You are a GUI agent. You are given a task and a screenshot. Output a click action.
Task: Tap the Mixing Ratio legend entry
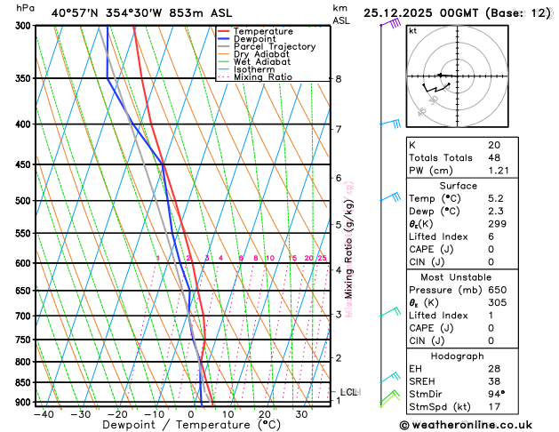pyautogui.click(x=259, y=77)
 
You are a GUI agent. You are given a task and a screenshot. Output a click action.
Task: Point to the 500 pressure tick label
pyautogui.click(x=23, y=201)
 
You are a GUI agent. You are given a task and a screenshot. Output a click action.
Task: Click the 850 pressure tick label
pyautogui.click(x=23, y=383)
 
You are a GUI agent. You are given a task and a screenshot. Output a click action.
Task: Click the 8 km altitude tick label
pyautogui.click(x=338, y=79)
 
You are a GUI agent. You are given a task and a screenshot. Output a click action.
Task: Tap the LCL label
pyautogui.click(x=349, y=392)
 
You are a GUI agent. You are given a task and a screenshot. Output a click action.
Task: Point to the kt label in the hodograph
pyautogui.click(x=412, y=30)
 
